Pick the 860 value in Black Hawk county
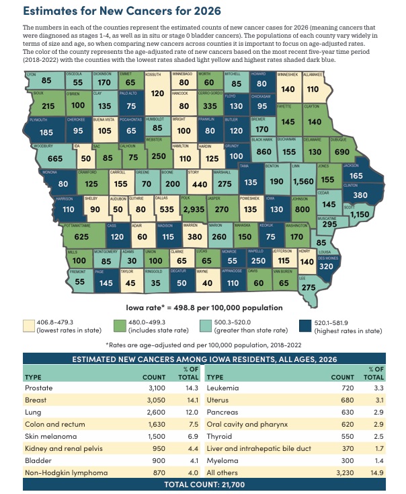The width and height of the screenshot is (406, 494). click(263, 152)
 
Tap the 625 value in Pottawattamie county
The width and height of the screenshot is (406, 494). click(44, 237)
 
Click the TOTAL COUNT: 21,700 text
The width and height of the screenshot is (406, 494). click(202, 485)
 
